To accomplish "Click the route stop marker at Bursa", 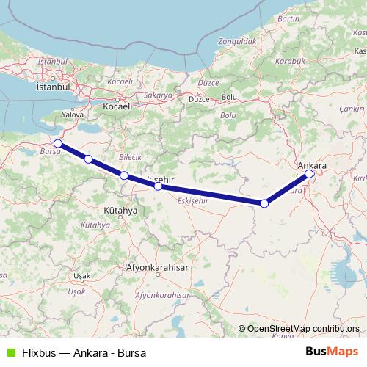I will pos(58,143).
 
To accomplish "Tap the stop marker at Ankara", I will pos(310,174).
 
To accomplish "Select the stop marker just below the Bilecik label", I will pos(124,175).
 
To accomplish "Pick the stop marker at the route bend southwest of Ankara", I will pos(264,203).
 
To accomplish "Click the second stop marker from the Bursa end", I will pos(88,159).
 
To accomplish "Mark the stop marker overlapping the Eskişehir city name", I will pos(158,186).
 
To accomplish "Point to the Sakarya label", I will pos(157,95).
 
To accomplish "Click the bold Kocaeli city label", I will pos(117,106).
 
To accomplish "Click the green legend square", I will pos(9,352).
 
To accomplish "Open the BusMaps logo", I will pos(333,352).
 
